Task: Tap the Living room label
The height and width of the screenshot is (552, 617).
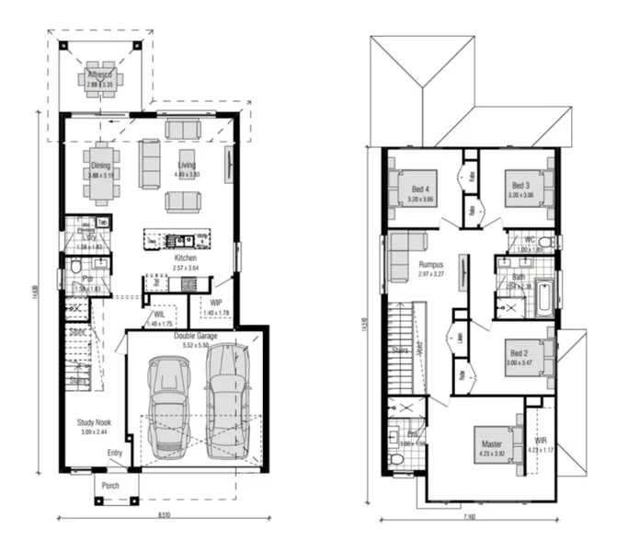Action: click(x=187, y=166)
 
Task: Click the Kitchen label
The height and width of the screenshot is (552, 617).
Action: click(x=186, y=259)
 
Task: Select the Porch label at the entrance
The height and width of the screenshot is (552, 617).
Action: click(x=111, y=488)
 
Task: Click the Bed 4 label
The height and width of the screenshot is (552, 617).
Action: click(x=420, y=189)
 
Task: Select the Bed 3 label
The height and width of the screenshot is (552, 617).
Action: click(x=520, y=189)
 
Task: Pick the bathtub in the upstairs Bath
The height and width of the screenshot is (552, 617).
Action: click(x=543, y=297)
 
